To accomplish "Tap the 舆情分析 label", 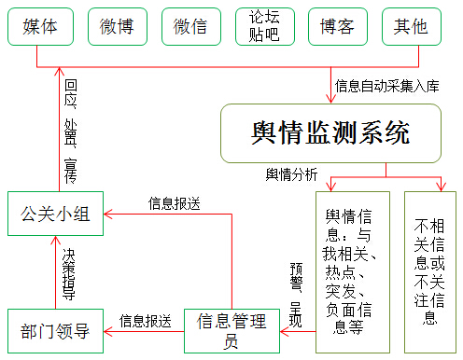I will click(x=291, y=173).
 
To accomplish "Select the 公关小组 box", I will click(x=55, y=214).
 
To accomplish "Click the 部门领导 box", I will click(x=54, y=329).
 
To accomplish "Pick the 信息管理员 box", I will click(x=231, y=329).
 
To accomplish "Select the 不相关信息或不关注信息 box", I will click(x=430, y=270).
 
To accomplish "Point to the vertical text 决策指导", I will click(x=69, y=272).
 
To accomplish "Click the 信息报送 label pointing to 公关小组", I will click(x=175, y=201).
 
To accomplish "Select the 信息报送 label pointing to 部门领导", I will click(x=145, y=320).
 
